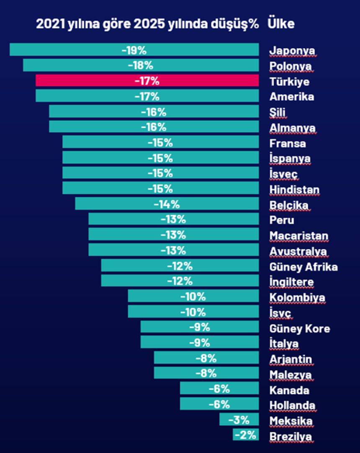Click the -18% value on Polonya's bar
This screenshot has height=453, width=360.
(140, 65)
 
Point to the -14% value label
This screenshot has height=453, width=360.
(167, 204)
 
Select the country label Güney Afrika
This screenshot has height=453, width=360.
(303, 267)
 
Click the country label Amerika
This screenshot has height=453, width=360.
(292, 96)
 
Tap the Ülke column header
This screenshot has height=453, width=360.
(281, 24)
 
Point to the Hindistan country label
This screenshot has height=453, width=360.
(294, 189)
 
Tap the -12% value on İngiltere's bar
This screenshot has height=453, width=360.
(180, 281)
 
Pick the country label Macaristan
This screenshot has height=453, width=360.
(299, 235)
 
